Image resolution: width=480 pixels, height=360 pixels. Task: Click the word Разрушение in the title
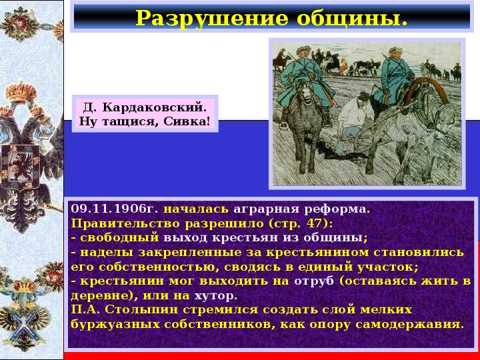(x=212, y=19)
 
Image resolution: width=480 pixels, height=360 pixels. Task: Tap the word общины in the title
(x=352, y=19)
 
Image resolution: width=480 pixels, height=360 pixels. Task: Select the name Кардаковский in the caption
(x=154, y=107)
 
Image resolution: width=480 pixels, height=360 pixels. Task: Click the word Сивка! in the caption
(x=187, y=121)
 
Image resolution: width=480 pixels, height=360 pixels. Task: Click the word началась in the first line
(x=196, y=209)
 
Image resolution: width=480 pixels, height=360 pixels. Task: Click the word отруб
(x=314, y=281)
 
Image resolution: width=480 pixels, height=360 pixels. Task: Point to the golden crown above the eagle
(x=21, y=93)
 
